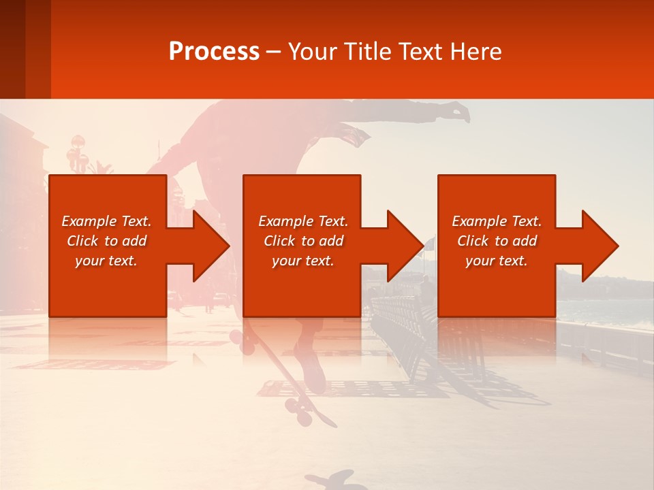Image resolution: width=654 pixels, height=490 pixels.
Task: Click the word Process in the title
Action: tap(214, 52)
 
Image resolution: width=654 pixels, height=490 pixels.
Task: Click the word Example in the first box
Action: tap(89, 221)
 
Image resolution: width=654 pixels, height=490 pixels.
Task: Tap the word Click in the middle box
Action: tap(279, 241)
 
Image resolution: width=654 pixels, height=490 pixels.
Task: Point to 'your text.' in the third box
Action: tap(497, 261)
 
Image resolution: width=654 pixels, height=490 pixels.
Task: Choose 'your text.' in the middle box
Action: tap(303, 261)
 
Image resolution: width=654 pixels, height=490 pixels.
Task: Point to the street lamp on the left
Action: tap(77, 154)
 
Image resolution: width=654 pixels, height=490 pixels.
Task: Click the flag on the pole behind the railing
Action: tap(429, 243)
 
